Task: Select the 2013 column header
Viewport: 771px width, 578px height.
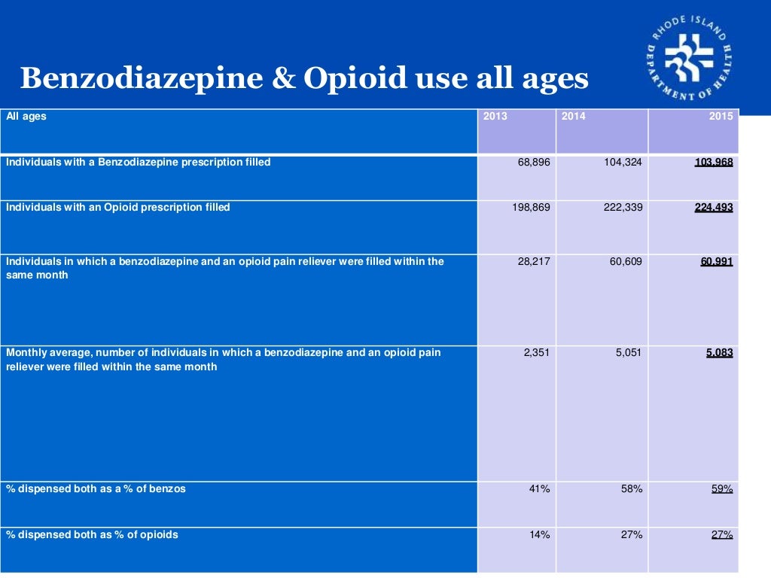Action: (x=495, y=117)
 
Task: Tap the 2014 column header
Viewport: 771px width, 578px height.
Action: (x=573, y=117)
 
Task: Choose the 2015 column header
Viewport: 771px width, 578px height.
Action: (x=721, y=117)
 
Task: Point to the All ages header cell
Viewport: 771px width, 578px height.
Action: (x=26, y=117)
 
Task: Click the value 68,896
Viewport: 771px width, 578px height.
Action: (x=534, y=163)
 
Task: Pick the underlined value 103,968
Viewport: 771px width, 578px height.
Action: (x=713, y=163)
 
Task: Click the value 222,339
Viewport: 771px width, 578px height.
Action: (x=623, y=208)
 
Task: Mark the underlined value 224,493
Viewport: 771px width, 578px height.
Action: (x=713, y=208)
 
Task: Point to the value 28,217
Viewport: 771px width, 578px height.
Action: (x=534, y=262)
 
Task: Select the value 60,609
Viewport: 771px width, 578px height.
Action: (x=626, y=262)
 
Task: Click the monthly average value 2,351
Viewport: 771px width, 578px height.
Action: (x=537, y=352)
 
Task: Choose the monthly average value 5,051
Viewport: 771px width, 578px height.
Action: (x=629, y=352)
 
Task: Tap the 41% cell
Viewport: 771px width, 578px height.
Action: (x=540, y=489)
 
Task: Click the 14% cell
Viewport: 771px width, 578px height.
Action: (x=540, y=535)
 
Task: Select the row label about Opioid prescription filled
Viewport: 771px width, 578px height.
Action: (x=118, y=208)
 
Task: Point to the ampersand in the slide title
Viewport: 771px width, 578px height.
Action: (x=282, y=78)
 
